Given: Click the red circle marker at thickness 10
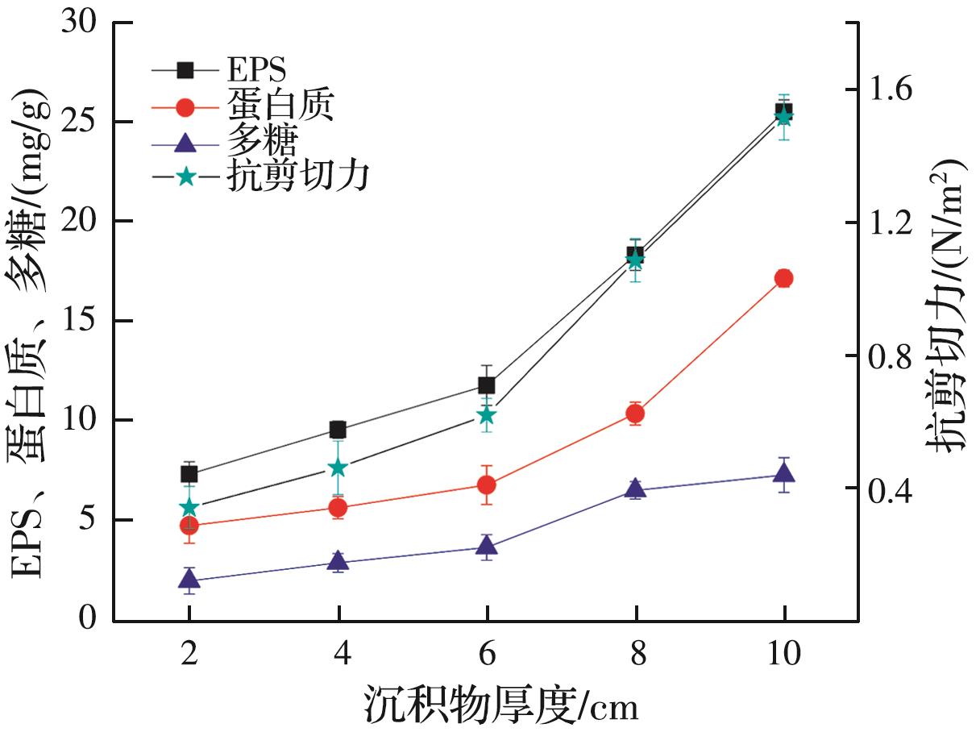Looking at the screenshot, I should [783, 278].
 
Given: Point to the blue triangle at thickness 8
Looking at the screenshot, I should [635, 488].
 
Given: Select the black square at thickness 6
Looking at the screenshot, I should [486, 385].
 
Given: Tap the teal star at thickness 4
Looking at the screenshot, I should [338, 468].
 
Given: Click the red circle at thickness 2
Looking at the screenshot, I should [189, 526].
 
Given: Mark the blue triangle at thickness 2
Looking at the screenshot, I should [189, 578].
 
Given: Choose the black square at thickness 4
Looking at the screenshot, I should [338, 430].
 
